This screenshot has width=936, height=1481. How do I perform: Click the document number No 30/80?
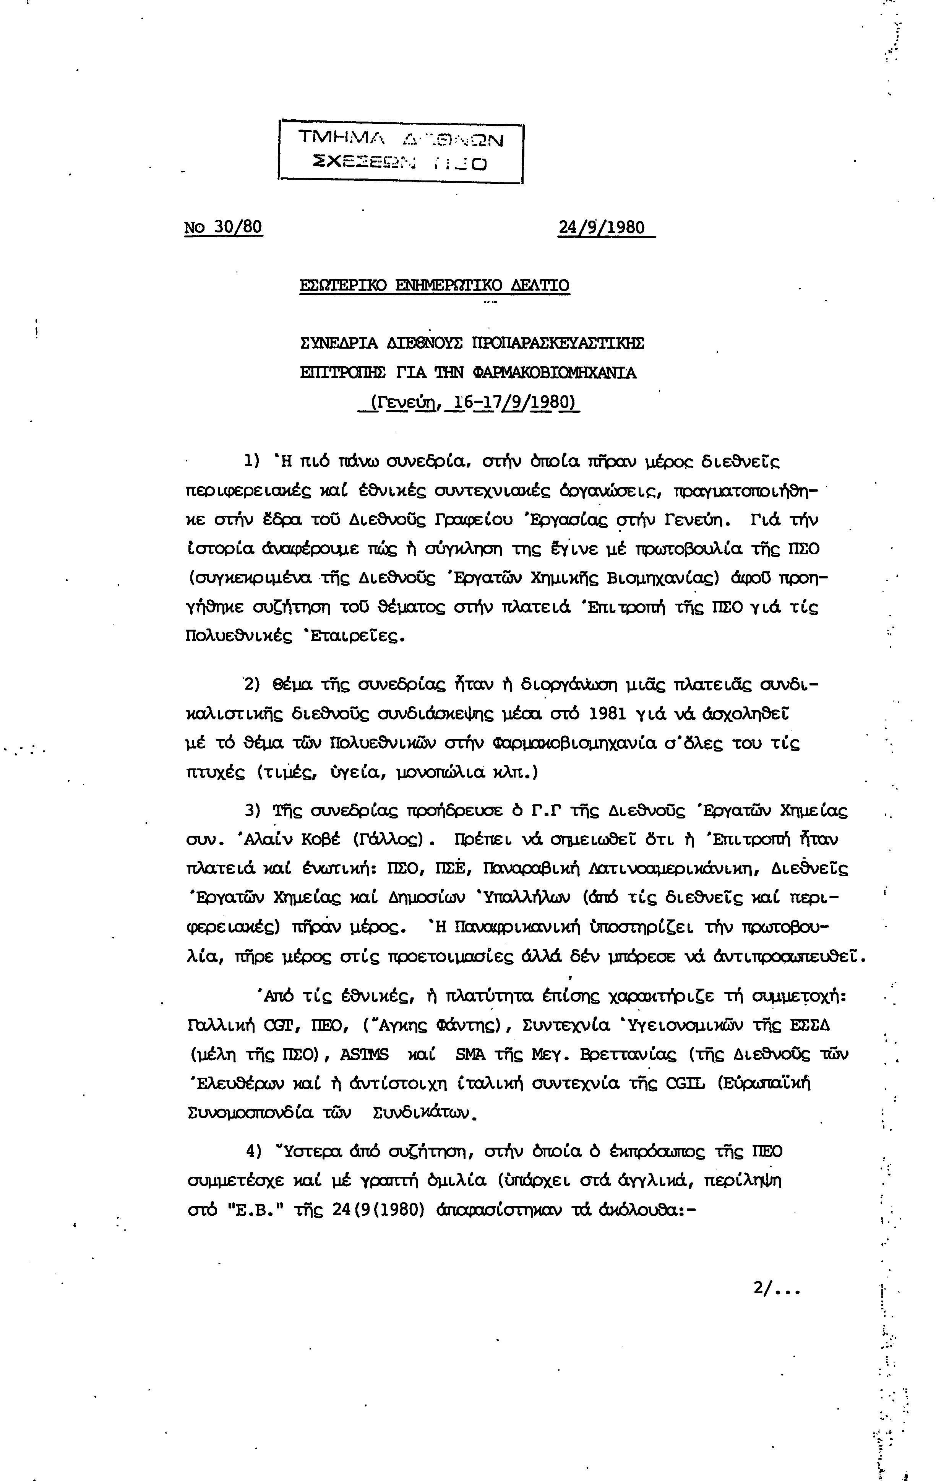point(223,227)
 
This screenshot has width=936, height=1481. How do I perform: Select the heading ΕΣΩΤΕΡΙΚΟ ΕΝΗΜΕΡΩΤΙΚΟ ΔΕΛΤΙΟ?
point(434,285)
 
